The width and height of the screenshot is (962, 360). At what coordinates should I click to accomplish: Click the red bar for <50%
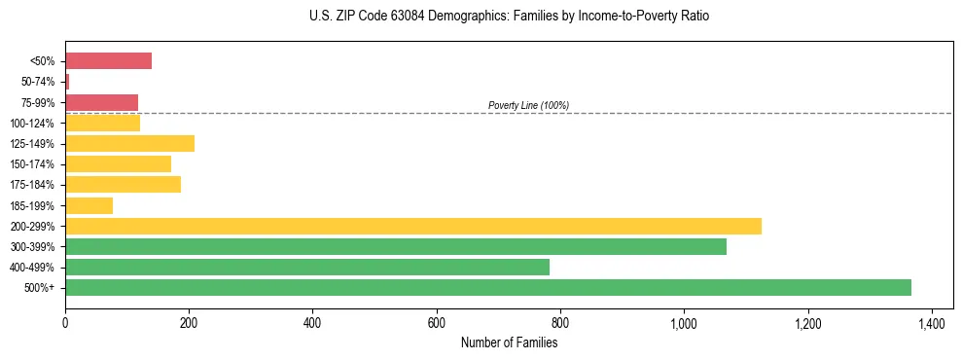coord(108,61)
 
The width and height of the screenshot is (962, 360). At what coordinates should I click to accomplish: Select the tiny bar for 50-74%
coord(67,82)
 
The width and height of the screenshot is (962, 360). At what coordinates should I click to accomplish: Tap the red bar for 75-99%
coord(101,102)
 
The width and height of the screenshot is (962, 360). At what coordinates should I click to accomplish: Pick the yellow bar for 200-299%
coord(412,226)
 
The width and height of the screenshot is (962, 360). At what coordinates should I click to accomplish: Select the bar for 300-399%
coord(395,246)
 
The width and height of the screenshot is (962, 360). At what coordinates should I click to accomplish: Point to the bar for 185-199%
coord(89,205)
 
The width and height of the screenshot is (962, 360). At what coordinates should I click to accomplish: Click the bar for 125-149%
coord(129,144)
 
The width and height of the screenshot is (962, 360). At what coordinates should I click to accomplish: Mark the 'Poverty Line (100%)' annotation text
coord(528,105)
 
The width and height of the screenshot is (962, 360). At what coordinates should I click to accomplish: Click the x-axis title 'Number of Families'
coord(509,342)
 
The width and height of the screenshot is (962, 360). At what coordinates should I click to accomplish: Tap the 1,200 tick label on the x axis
coord(807,322)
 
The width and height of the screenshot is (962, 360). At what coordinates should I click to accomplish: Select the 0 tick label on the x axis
coord(65,322)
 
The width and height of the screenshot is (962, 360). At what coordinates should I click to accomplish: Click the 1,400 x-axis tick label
coord(932,322)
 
